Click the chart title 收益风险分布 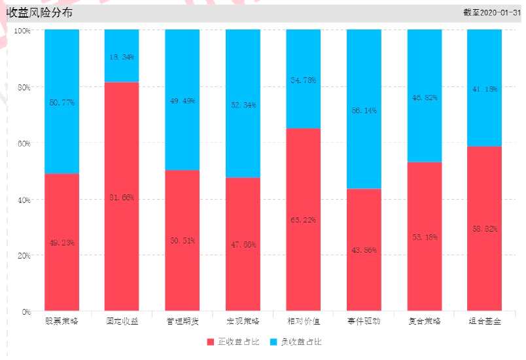pyautogui.click(x=40, y=12)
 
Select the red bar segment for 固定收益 pyautogui.click(x=122, y=196)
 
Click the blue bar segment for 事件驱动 pyautogui.click(x=364, y=109)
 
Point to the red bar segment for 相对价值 pyautogui.click(x=303, y=219)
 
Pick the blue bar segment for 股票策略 pyautogui.click(x=61, y=101)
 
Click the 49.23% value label pyautogui.click(x=61, y=243)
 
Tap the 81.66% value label pyautogui.click(x=122, y=198)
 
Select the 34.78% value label pyautogui.click(x=303, y=81)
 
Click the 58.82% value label pyautogui.click(x=485, y=229)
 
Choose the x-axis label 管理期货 pyautogui.click(x=182, y=321)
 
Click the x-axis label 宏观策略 pyautogui.click(x=243, y=321)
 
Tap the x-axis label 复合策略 pyautogui.click(x=424, y=321)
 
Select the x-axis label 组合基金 pyautogui.click(x=485, y=321)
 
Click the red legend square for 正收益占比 pyautogui.click(x=211, y=342)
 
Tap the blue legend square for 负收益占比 pyautogui.click(x=275, y=342)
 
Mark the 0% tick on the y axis pyautogui.click(x=25, y=312)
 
